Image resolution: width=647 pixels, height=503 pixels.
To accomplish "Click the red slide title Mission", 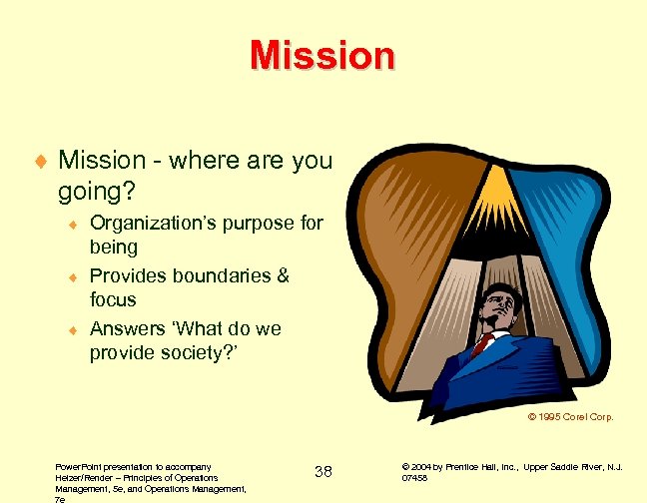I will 323,55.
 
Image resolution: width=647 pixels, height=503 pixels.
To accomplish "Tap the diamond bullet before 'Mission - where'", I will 39,161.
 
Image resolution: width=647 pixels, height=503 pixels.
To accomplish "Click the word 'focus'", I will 113,299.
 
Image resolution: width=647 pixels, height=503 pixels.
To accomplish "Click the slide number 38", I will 323,470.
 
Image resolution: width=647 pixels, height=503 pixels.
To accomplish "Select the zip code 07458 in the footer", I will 415,478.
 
